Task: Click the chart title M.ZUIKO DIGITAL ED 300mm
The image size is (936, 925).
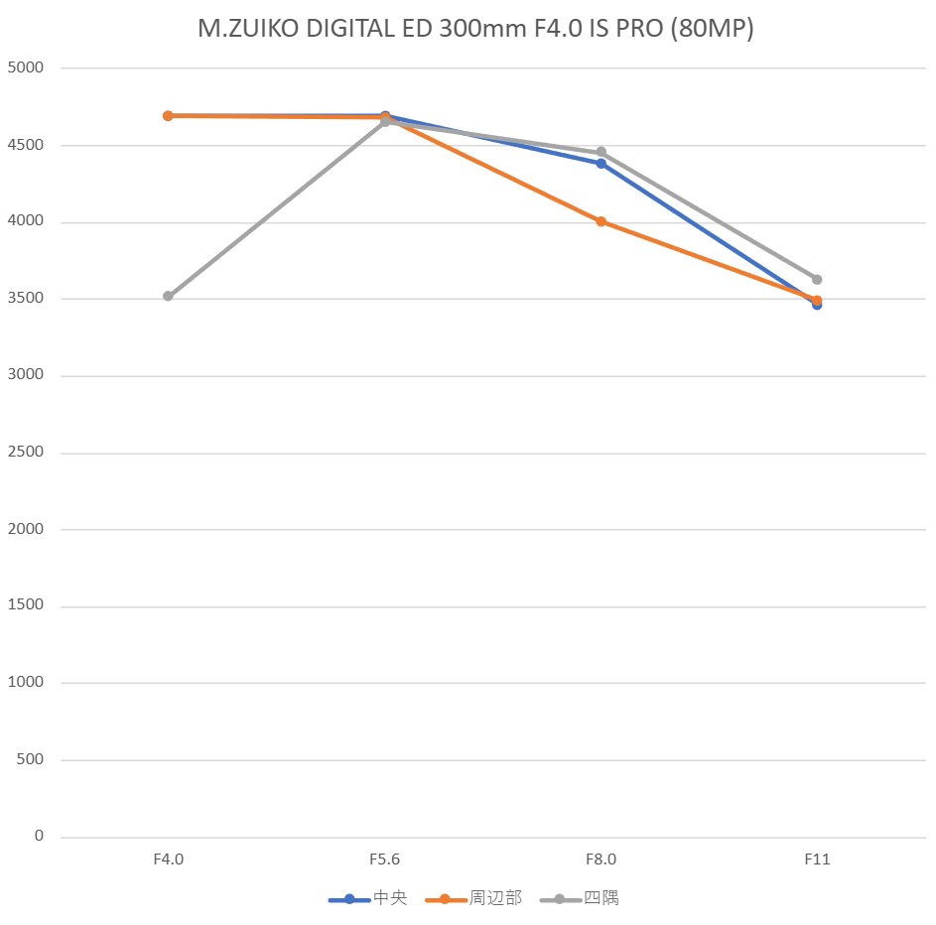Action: pyautogui.click(x=475, y=29)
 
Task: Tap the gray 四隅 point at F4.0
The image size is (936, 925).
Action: pyautogui.click(x=168, y=296)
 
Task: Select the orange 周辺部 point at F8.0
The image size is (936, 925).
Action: pyautogui.click(x=601, y=221)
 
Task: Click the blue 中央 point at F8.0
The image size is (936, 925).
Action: pyautogui.click(x=601, y=163)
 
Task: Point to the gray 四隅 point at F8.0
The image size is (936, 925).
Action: pyautogui.click(x=601, y=152)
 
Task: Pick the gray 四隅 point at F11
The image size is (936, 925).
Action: pyautogui.click(x=817, y=279)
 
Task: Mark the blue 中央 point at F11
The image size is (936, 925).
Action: pyautogui.click(x=817, y=305)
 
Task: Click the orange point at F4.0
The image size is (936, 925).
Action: pyautogui.click(x=168, y=115)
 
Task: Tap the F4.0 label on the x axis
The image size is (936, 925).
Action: pyautogui.click(x=168, y=859)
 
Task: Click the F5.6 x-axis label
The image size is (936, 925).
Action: pyautogui.click(x=384, y=859)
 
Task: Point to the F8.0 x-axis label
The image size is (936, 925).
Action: pyautogui.click(x=601, y=859)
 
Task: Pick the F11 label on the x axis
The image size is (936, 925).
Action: pyautogui.click(x=817, y=859)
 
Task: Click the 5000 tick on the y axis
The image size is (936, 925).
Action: pyautogui.click(x=26, y=68)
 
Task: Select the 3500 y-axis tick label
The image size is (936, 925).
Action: pyautogui.click(x=26, y=299)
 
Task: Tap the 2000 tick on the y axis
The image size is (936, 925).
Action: pyautogui.click(x=26, y=529)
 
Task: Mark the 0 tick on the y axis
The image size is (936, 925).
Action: pyautogui.click(x=39, y=836)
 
